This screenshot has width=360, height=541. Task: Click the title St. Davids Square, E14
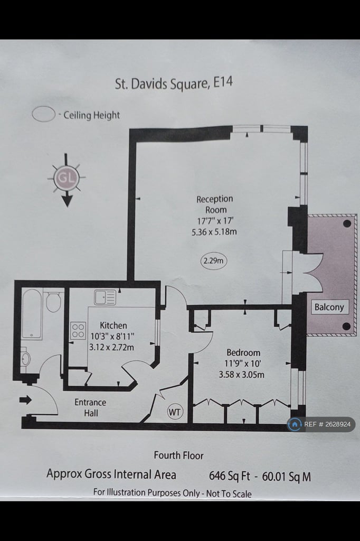pos(174,83)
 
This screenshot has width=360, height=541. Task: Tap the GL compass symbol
pos(66,178)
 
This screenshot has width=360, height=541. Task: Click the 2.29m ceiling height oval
pos(214,261)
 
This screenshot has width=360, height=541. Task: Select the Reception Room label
pos(214,204)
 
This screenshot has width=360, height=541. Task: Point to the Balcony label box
pos(329,307)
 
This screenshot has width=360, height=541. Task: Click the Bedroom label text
pos(243,352)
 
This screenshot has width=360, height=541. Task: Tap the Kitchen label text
pos(113,325)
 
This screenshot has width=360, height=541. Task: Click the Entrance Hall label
pos(90,407)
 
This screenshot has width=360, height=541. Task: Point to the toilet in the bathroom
pos(53,302)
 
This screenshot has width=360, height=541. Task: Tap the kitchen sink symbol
pos(105,297)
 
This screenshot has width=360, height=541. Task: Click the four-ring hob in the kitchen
pos(78,330)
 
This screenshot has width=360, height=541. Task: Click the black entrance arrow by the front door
pos(25,399)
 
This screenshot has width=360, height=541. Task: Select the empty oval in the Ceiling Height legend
pos(43,114)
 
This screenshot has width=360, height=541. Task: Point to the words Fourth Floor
pos(178,455)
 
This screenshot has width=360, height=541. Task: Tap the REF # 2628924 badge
pos(321,424)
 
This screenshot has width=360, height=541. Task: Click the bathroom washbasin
pos(25,359)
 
